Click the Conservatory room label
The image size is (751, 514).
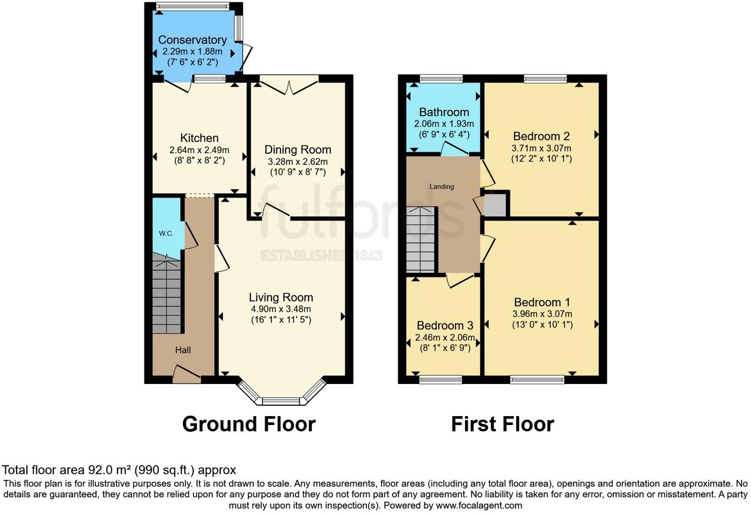[192, 40]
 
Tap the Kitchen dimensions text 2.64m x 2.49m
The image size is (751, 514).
[199, 150]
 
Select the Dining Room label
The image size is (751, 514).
[297, 150]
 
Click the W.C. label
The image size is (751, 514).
[166, 233]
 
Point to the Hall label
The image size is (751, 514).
[183, 350]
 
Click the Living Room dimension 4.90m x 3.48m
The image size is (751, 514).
[281, 309]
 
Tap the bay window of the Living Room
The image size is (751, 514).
[281, 399]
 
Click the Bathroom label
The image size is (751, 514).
[444, 112]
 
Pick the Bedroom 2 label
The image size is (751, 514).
[542, 136]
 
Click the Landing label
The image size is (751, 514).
[442, 186]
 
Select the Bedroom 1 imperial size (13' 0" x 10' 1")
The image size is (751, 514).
[542, 325]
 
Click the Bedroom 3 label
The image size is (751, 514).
[445, 326]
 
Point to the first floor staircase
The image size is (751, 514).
[420, 240]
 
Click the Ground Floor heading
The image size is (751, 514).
[249, 424]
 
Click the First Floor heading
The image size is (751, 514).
[502, 424]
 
